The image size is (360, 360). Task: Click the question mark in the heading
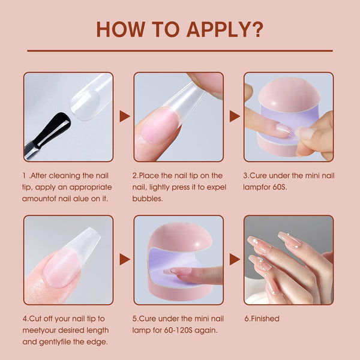pyautogui.click(x=256, y=29)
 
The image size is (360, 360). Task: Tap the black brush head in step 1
pyautogui.click(x=55, y=128)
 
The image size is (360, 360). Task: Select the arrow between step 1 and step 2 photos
pyautogui.click(x=124, y=116)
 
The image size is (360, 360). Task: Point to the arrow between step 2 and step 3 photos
pyautogui.click(x=234, y=116)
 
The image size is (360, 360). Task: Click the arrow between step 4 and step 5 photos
pyautogui.click(x=124, y=260)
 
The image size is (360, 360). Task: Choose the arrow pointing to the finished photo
pyautogui.click(x=234, y=260)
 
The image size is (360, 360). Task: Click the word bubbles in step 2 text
pyautogui.click(x=147, y=199)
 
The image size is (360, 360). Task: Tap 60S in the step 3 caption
pyautogui.click(x=280, y=187)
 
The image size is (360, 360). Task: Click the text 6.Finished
pyautogui.click(x=262, y=319)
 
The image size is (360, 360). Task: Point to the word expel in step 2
pyautogui.click(x=217, y=188)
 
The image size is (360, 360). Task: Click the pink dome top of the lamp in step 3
pyautogui.click(x=289, y=93)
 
